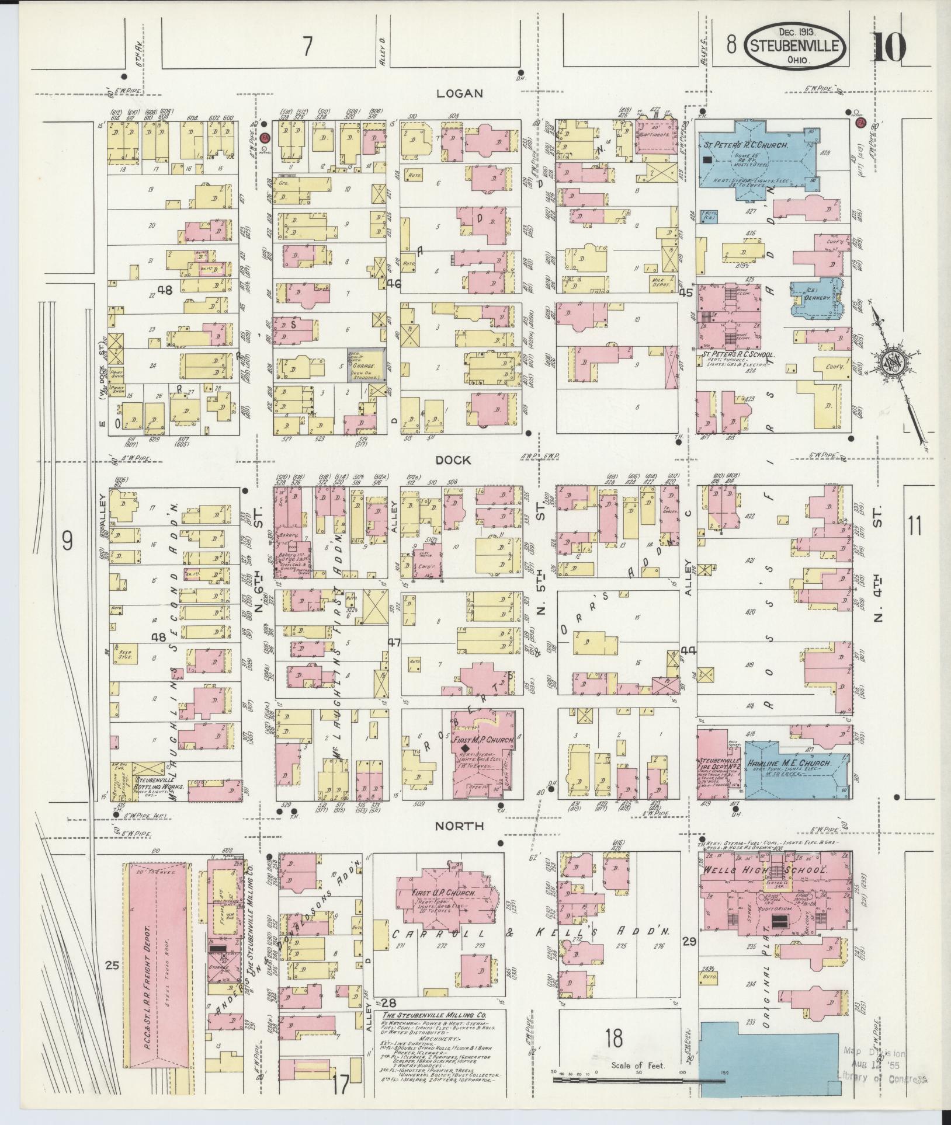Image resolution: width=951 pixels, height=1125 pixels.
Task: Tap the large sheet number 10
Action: (x=890, y=46)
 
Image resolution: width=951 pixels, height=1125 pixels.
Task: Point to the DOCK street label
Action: (x=453, y=460)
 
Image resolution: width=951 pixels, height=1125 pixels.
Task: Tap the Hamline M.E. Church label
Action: (x=783, y=762)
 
